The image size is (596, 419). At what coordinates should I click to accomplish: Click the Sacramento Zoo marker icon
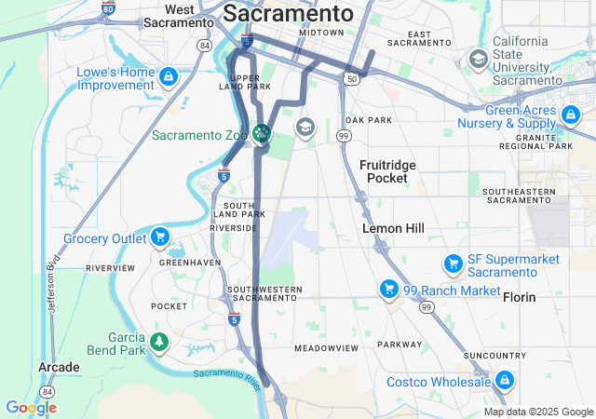262,134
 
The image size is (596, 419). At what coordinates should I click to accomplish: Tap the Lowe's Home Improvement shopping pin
169,75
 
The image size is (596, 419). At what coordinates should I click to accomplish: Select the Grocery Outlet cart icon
160,237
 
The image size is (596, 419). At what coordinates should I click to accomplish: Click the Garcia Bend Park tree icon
159,343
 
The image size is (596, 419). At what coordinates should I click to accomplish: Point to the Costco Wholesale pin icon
504,380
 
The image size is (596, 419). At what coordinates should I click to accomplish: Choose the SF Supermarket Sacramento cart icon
454,264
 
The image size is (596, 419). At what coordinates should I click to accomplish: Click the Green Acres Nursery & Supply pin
570,115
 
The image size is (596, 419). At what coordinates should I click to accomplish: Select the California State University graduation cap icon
479,61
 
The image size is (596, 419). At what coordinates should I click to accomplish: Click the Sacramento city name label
289,13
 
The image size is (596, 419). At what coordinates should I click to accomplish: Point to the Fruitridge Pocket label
387,170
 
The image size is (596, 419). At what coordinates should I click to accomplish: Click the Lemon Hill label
394,228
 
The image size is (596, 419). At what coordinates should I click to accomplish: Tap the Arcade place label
58,368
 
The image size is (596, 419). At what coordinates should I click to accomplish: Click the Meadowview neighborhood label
326,347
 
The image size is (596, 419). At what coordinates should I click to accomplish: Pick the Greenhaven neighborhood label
190,263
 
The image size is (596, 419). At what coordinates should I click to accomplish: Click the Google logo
31,407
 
